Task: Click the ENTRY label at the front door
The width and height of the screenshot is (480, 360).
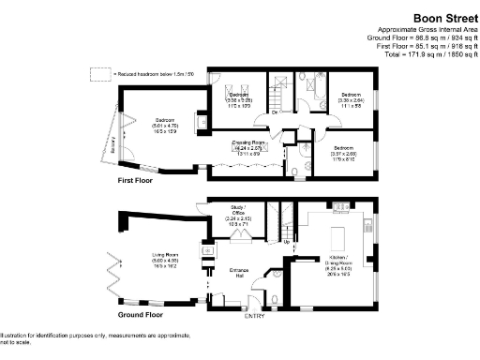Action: click(x=255, y=317)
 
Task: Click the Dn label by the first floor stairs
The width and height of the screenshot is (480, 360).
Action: click(x=273, y=113)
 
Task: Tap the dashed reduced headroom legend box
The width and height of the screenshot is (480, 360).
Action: click(x=95, y=72)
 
